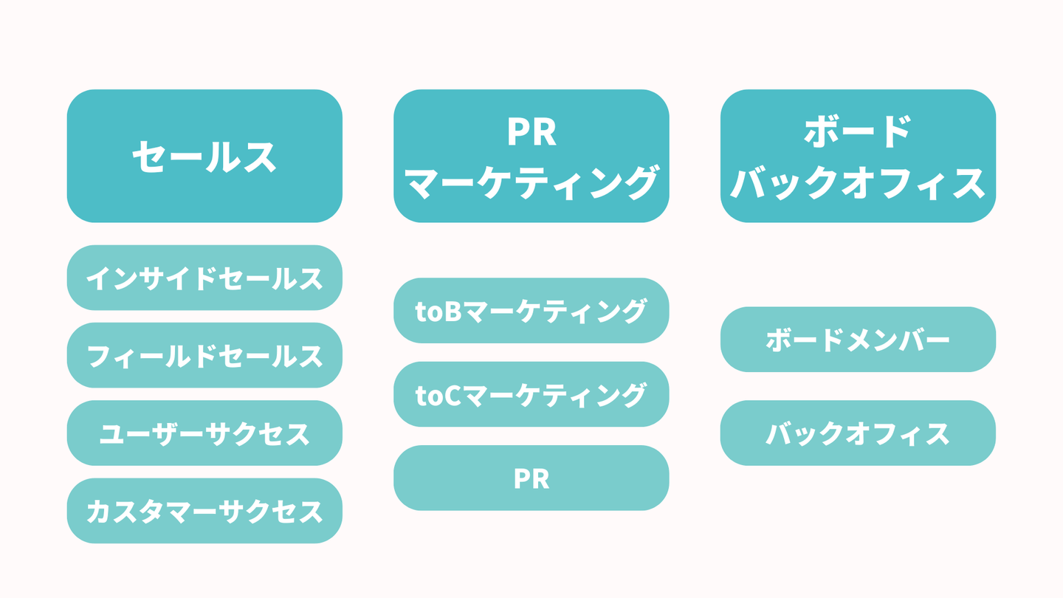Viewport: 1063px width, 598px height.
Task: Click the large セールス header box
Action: click(204, 156)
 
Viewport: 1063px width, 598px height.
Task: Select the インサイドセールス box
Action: click(204, 278)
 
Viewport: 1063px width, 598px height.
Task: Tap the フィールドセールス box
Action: click(204, 355)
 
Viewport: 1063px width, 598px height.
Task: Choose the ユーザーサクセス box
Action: click(204, 433)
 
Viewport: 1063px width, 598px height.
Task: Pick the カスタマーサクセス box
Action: click(204, 511)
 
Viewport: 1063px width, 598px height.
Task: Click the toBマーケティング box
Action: click(531, 311)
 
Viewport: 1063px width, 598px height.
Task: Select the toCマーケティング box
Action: click(531, 394)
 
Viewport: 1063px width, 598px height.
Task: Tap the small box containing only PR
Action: click(531, 478)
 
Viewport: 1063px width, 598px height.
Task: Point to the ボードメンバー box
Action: click(858, 340)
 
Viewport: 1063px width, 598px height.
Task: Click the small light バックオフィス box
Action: click(858, 433)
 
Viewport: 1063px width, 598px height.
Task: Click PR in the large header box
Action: click(531, 131)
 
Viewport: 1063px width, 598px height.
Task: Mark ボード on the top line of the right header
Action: click(858, 131)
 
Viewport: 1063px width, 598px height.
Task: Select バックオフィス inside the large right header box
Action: click(858, 182)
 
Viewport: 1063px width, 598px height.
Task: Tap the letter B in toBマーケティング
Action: click(454, 312)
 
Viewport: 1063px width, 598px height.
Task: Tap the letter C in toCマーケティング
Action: click(454, 395)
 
